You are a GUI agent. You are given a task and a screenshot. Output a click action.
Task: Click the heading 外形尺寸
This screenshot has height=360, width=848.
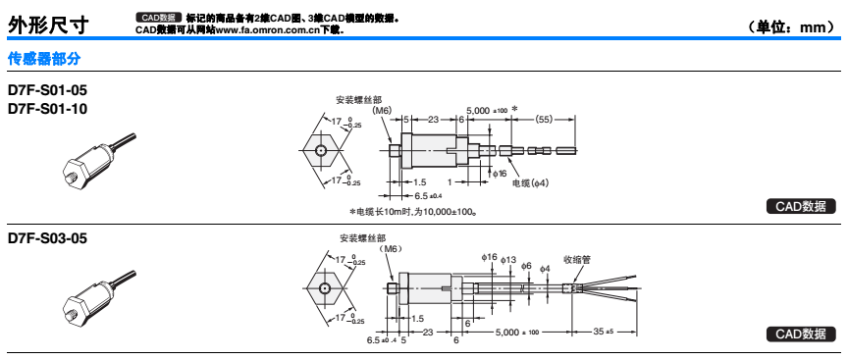click(x=47, y=26)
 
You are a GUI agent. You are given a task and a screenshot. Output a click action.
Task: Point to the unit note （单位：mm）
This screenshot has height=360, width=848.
click(x=791, y=27)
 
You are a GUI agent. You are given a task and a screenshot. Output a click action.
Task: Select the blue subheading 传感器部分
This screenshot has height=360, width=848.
click(x=44, y=59)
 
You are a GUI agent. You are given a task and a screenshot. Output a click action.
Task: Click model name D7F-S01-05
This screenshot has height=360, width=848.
click(x=47, y=89)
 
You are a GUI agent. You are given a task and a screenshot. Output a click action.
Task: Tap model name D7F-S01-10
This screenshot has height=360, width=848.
click(x=47, y=109)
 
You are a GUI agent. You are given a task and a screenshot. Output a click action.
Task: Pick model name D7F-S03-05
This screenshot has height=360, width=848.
click(x=47, y=238)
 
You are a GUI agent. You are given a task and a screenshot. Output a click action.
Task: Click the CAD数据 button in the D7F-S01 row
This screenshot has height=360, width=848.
click(x=801, y=207)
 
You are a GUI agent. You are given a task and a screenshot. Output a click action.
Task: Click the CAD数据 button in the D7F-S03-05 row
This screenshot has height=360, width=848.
click(x=801, y=334)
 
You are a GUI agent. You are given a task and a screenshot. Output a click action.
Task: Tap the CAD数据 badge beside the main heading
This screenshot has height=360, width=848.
click(x=158, y=18)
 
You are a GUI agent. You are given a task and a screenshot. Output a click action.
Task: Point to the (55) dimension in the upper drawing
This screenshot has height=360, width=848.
click(x=544, y=120)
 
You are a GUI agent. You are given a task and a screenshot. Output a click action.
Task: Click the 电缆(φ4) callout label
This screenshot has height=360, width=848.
click(x=531, y=183)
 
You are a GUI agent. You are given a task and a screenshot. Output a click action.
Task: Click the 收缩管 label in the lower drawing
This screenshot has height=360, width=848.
click(x=577, y=260)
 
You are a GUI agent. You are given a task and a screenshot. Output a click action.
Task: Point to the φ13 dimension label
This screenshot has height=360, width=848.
click(x=509, y=260)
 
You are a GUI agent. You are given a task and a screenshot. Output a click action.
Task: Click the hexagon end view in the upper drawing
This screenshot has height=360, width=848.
click(x=321, y=150)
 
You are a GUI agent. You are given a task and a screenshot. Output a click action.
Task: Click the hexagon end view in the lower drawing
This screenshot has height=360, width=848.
click(x=324, y=288)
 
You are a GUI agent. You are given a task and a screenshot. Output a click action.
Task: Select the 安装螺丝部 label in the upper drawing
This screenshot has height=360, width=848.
click(x=358, y=100)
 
